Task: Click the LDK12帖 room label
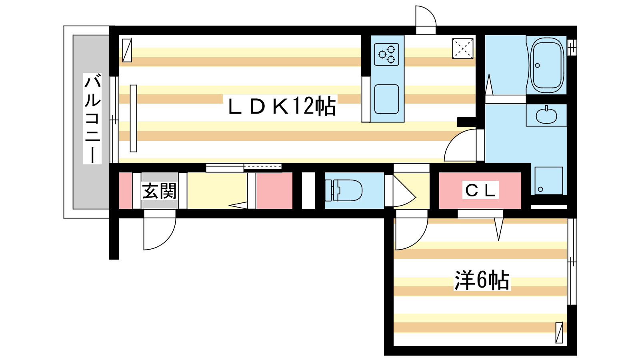[282, 106]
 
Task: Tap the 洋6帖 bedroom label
[482, 280]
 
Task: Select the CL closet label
[480, 190]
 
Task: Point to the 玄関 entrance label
[159, 191]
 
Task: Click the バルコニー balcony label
[92, 118]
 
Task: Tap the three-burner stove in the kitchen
[387, 54]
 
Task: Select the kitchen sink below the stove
[386, 99]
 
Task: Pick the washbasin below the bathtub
[546, 116]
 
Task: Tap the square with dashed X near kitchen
[463, 48]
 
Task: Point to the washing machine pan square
[548, 181]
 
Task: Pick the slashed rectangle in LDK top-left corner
[127, 50]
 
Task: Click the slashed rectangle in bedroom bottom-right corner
[559, 332]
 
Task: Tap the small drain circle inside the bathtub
[538, 66]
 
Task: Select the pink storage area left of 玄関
[125, 190]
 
